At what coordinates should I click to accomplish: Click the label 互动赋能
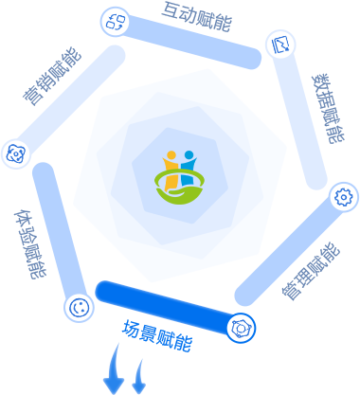[x=196, y=17]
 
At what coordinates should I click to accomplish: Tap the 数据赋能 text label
[x=329, y=109]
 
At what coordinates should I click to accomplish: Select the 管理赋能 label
[x=311, y=272]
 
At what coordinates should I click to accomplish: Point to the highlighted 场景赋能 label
[x=157, y=336]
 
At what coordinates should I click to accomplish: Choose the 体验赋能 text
[x=30, y=244]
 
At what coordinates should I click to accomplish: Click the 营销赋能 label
[x=52, y=76]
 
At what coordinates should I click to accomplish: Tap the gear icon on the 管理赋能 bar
[x=344, y=197]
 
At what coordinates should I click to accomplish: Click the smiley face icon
[x=79, y=308]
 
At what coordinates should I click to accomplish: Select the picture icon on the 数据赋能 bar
[x=280, y=45]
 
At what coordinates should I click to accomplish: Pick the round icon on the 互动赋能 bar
[x=116, y=22]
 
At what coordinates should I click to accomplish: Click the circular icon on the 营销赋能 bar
[x=15, y=153]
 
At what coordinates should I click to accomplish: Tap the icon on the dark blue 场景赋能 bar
[x=241, y=328]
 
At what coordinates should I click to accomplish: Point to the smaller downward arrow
[x=139, y=377]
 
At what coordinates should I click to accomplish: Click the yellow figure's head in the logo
[x=171, y=155]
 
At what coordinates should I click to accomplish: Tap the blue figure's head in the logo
[x=189, y=155]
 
